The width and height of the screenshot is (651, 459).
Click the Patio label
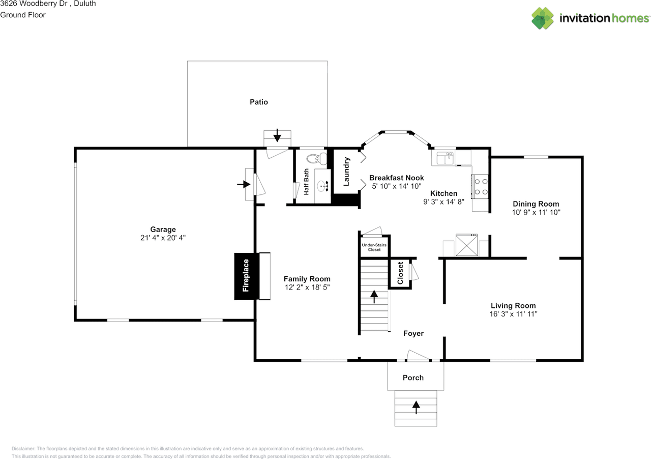tap(259, 102)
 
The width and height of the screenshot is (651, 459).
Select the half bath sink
tap(322, 186)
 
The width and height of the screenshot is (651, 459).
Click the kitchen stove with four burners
tap(480, 186)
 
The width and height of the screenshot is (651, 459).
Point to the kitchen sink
tap(445, 158)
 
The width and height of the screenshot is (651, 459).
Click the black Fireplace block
tap(247, 276)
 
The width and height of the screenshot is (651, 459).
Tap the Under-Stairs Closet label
tap(374, 247)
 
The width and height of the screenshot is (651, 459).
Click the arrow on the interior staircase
tap(374, 297)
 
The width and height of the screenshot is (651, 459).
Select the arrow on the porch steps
tap(416, 407)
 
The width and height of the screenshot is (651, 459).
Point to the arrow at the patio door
tap(277, 135)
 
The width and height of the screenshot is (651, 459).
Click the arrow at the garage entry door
tap(244, 184)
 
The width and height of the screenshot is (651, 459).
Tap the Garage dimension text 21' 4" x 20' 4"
tap(163, 238)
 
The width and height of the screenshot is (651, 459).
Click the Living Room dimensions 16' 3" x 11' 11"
tap(513, 314)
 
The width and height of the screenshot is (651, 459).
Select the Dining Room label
tap(536, 204)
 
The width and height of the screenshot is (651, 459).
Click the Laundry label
tap(346, 171)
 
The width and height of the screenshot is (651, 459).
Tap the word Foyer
tap(413, 333)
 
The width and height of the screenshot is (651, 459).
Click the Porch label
tap(413, 378)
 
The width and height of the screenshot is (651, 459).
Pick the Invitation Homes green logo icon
tap(542, 18)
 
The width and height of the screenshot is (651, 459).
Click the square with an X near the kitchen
tap(466, 245)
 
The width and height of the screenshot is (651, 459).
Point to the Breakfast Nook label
tap(396, 178)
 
